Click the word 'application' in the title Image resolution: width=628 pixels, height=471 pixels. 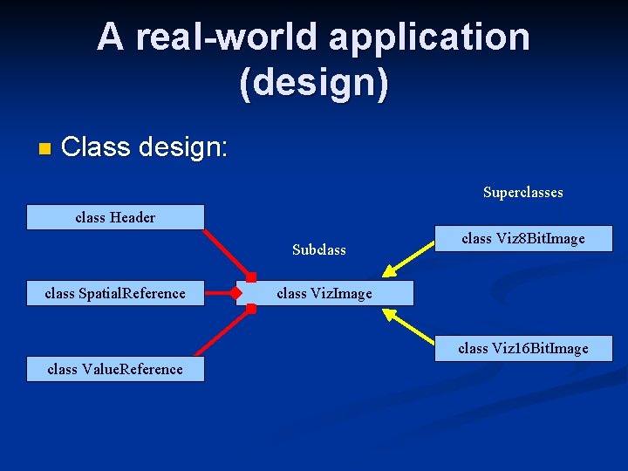click(429, 37)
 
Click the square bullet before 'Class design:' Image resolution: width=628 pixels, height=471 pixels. click(44, 149)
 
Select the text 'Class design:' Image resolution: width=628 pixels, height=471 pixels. click(145, 147)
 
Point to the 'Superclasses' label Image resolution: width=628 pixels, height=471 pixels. click(522, 192)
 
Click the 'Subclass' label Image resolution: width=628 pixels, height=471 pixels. click(318, 249)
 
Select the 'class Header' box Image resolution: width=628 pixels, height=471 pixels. click(115, 217)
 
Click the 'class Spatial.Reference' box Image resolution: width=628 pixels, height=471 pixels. click(115, 293)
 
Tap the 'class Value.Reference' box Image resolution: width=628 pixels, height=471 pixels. click(115, 369)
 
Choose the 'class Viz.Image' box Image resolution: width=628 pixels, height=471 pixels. click(324, 293)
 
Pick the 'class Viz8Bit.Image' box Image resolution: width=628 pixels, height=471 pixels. click(522, 238)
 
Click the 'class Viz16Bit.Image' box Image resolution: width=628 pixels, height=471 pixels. click(522, 348)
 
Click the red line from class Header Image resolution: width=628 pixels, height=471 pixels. click(227, 253)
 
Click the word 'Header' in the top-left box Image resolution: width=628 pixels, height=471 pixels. click(133, 217)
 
